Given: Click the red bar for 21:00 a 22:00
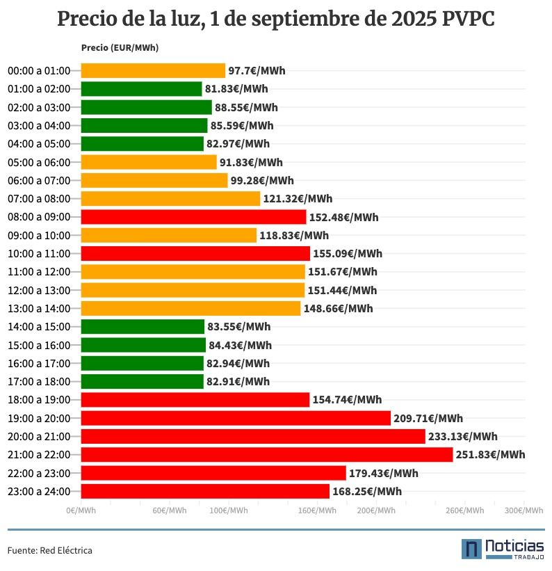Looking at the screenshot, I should click(266, 455).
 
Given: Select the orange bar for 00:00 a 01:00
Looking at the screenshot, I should click(153, 70).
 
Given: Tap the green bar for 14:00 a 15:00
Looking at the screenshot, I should click(143, 327).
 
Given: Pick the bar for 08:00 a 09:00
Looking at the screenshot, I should click(193, 217).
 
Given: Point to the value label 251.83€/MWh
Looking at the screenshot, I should click(490, 455).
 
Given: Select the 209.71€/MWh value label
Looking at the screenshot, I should click(428, 418).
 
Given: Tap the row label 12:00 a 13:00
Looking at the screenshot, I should click(39, 290).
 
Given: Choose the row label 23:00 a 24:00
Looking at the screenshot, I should click(39, 492).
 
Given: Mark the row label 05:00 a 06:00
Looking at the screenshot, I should click(39, 162).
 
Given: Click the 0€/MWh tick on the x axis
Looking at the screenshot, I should click(81, 510).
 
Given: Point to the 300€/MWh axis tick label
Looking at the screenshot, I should click(524, 510).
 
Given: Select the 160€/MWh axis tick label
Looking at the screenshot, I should click(317, 510).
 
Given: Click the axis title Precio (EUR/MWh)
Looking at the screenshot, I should click(120, 48).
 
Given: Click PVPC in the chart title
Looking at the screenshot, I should click(468, 19).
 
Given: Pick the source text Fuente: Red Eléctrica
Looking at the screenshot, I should click(50, 550).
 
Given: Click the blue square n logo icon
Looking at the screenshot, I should click(472, 549).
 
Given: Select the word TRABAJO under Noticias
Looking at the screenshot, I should click(528, 556).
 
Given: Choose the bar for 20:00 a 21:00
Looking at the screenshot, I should click(252, 437).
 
